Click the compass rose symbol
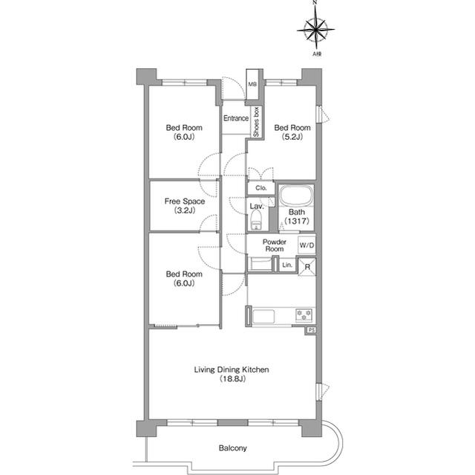click(315, 30)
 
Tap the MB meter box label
click(252, 84)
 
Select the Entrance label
click(236, 118)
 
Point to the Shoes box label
click(256, 122)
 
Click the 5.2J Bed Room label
click(292, 132)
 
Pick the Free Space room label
click(185, 206)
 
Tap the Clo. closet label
click(261, 188)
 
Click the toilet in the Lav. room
click(257, 221)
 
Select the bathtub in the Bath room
click(296, 196)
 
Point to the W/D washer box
click(307, 245)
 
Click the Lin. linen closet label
click(287, 265)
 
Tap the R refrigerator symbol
click(307, 267)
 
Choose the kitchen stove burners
click(304, 316)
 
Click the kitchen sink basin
click(263, 317)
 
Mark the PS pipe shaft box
click(310, 330)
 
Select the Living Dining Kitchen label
click(232, 369)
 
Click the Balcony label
click(232, 447)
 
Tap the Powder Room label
click(275, 245)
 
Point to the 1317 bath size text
click(297, 221)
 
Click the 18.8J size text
click(232, 378)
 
